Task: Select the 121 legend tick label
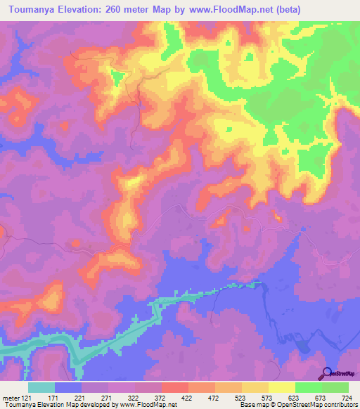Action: click(x=27, y=397)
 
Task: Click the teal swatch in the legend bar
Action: click(x=41, y=387)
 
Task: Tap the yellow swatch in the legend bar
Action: click(x=282, y=387)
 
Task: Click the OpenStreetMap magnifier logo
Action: click(x=327, y=373)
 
